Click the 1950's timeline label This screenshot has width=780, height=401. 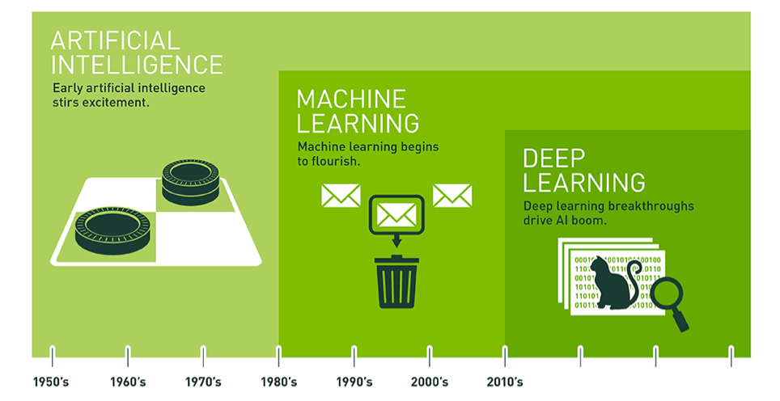51,382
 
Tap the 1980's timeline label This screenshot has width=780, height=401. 279,382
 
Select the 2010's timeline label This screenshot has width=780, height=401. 505,382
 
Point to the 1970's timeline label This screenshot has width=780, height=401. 203,382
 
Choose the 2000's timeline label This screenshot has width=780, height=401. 430,382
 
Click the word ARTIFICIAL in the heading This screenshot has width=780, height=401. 116,40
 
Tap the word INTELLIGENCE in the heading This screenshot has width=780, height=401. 137,65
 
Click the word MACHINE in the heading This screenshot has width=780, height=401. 351,99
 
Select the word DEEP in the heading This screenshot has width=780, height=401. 553,158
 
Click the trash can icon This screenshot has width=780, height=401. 396,281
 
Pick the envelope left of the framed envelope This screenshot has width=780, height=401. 341,196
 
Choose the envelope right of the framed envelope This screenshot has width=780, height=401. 452,196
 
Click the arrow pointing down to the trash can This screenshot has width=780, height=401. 396,240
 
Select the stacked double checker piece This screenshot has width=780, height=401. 190,182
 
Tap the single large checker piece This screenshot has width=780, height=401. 112,230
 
